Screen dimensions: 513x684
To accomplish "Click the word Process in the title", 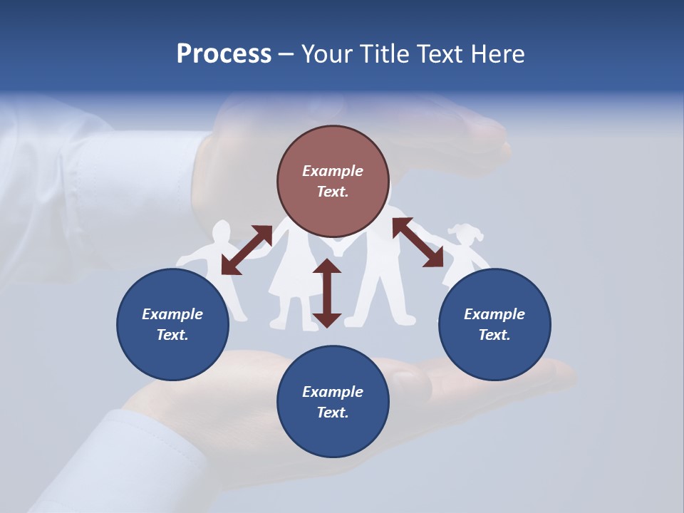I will tap(224, 53).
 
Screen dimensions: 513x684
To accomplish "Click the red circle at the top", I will tap(333, 181).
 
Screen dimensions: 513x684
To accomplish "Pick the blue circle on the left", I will tap(172, 324).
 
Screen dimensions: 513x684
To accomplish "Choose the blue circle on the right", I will tap(494, 324).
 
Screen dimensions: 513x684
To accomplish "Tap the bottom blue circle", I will tap(333, 402).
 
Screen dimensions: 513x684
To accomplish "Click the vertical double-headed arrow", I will tap(327, 293).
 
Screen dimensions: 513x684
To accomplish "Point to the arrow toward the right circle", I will tap(418, 243).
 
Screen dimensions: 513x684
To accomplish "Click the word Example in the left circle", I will tap(172, 314).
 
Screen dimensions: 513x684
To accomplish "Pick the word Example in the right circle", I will tap(494, 314).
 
